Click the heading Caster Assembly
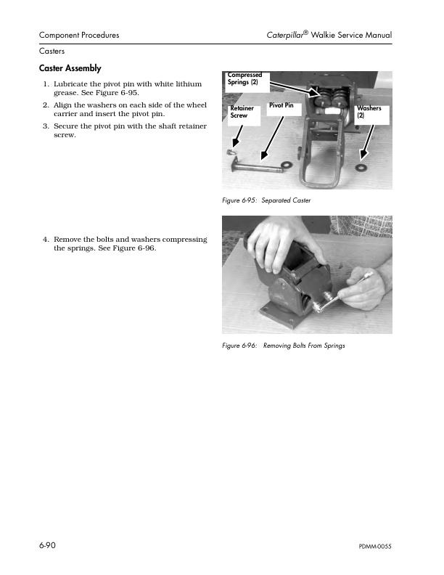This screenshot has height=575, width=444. pyautogui.click(x=70, y=68)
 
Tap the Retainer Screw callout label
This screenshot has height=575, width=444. pyautogui.click(x=242, y=112)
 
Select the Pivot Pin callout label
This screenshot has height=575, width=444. pyautogui.click(x=281, y=106)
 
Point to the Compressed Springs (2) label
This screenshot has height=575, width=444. pyautogui.click(x=244, y=78)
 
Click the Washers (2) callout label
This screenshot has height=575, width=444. pyautogui.click(x=369, y=112)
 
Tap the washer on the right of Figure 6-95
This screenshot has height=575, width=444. pyautogui.click(x=360, y=167)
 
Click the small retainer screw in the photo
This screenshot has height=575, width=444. pyautogui.click(x=231, y=152)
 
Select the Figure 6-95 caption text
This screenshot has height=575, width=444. pyautogui.click(x=266, y=200)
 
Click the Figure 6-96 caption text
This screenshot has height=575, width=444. pyautogui.click(x=284, y=345)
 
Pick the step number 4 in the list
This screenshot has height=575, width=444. pyautogui.click(x=45, y=240)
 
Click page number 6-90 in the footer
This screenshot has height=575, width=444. pyautogui.click(x=48, y=545)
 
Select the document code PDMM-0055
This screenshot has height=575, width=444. pyautogui.click(x=375, y=546)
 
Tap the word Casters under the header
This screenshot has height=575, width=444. pyautogui.click(x=52, y=52)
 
